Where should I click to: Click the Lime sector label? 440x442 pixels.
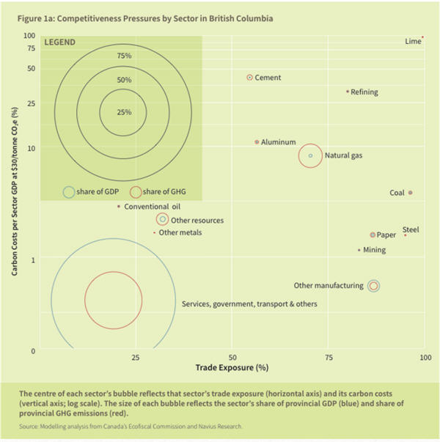tap(413, 42)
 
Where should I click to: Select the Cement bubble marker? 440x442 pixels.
tap(249, 77)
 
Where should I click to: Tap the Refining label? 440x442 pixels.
tap(364, 92)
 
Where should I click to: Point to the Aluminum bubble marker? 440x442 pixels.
tap(256, 141)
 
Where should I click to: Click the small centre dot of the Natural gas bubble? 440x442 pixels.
tap(311, 155)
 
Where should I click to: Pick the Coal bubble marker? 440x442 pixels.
tap(410, 193)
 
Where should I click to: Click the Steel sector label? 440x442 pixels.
tap(411, 229)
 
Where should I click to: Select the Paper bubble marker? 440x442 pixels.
tap(373, 235)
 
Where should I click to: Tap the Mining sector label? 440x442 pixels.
tap(374, 250)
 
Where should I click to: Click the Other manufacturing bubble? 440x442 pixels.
tap(374, 286)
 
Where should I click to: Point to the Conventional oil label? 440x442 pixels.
tap(152, 207)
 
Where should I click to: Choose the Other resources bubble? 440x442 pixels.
tap(162, 219)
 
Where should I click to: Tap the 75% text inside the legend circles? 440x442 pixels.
tap(124, 56)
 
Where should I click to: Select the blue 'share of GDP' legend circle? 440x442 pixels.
tap(69, 192)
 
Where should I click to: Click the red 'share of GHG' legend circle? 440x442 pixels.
tap(135, 192)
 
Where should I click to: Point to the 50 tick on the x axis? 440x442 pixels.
tap(232, 357)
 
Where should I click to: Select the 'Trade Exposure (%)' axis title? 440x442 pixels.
tap(232, 367)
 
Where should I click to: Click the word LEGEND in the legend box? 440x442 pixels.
tap(60, 43)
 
